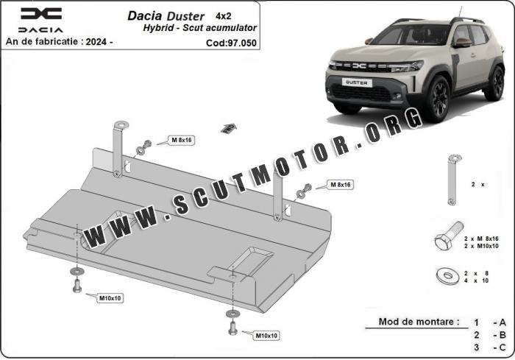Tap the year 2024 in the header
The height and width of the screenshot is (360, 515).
(96, 42)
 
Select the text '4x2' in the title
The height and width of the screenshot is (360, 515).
(224, 15)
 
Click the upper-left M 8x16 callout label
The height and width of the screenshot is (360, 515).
(182, 140)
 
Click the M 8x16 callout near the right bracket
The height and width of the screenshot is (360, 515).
(340, 185)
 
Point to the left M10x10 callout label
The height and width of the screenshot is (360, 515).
(110, 298)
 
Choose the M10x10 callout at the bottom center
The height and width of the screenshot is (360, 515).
(266, 336)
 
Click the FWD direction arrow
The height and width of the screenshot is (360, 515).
(229, 128)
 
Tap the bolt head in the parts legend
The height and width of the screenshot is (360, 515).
(442, 241)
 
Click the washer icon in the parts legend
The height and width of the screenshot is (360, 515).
(448, 275)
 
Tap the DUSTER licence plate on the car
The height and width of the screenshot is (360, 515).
(357, 82)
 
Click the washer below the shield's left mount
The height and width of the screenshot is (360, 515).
(77, 272)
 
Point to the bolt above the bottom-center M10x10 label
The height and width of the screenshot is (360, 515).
(233, 328)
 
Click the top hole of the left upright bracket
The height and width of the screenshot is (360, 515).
(122, 124)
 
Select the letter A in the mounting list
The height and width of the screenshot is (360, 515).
(502, 322)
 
